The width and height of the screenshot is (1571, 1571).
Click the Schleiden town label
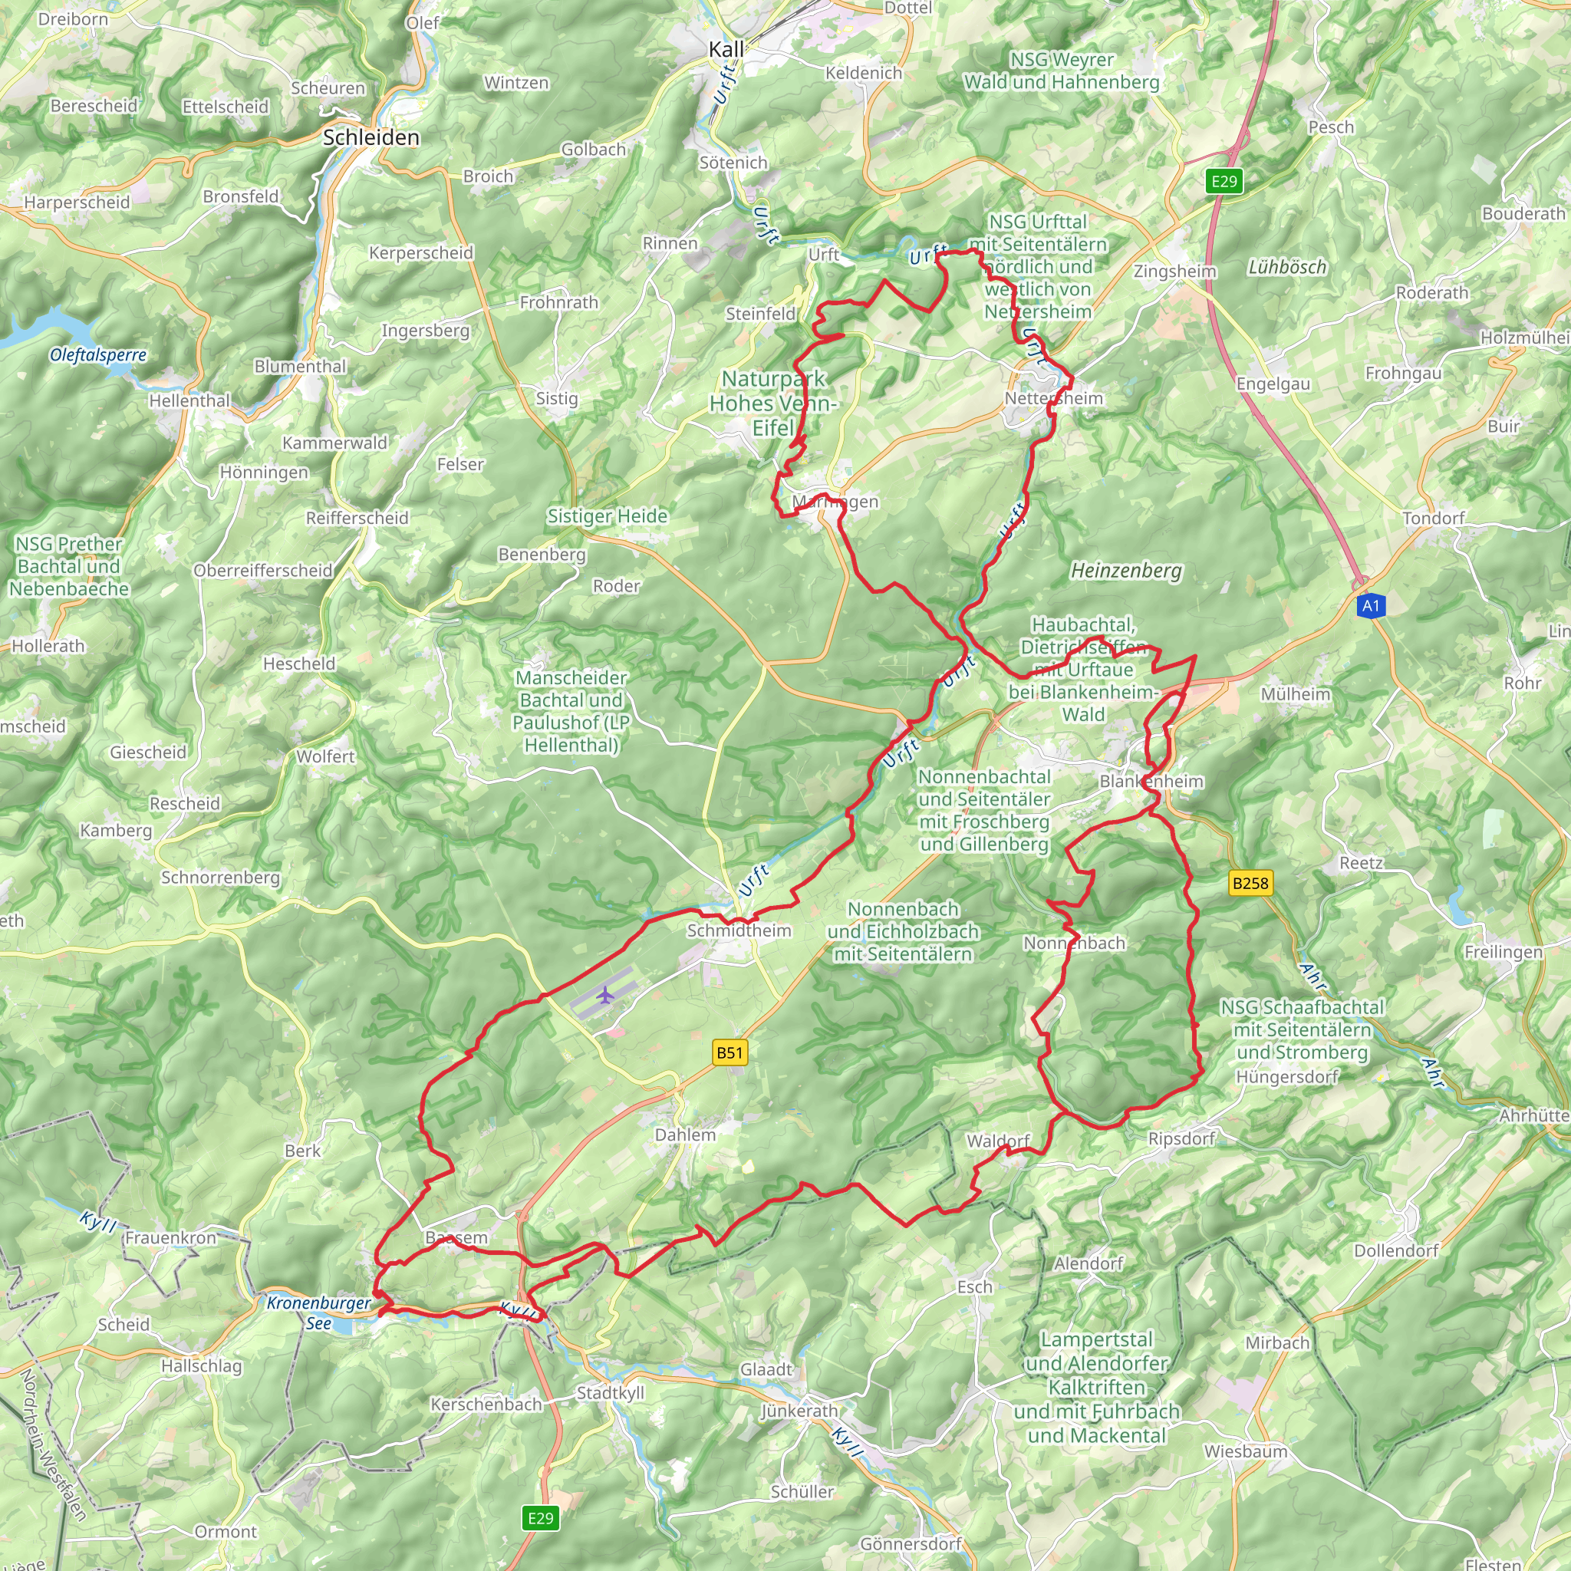(x=371, y=137)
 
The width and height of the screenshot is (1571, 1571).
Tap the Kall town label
(x=726, y=50)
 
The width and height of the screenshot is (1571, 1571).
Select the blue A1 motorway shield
(x=1371, y=605)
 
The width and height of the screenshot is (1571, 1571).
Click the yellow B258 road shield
(x=1250, y=883)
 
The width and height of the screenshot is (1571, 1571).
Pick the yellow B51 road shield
(x=730, y=1053)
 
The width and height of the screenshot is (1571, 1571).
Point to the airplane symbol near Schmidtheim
(x=604, y=994)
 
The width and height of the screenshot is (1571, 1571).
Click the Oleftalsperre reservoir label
(x=97, y=354)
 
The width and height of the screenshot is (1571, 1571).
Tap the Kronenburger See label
(x=319, y=1312)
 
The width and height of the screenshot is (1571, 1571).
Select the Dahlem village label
(x=686, y=1135)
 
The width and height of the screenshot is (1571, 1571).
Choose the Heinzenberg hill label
(x=1126, y=571)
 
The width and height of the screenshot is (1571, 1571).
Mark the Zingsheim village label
(x=1175, y=272)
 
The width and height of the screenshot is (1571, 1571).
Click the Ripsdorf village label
(x=1181, y=1138)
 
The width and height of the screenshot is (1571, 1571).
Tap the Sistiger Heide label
(x=608, y=516)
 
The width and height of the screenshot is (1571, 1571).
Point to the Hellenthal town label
(x=189, y=401)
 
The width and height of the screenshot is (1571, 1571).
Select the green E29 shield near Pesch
(x=1224, y=181)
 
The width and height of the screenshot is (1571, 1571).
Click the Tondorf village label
(x=1434, y=518)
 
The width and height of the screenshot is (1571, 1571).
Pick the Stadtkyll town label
(x=610, y=1393)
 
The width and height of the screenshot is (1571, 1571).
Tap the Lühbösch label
(x=1286, y=267)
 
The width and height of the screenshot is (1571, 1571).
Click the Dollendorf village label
(x=1396, y=1250)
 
